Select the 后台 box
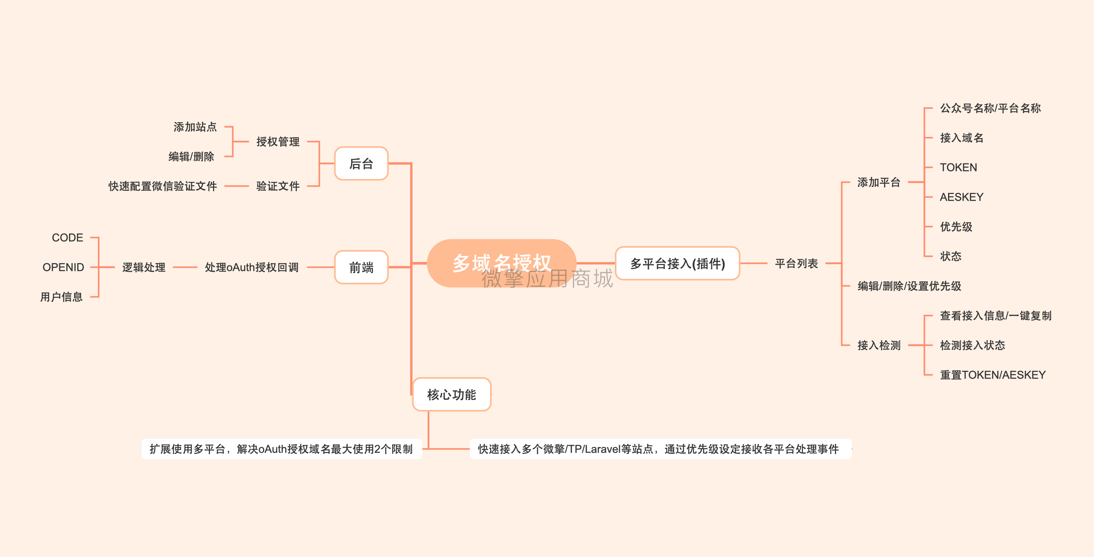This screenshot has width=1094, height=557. pos(361,164)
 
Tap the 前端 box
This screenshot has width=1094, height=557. pos(361,267)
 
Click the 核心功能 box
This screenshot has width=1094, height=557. pos(451,394)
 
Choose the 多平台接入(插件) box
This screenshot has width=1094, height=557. pos(677,263)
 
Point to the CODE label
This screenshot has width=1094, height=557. pos(67,237)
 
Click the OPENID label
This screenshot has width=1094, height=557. pos(63,267)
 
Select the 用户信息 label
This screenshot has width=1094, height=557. pos(62,297)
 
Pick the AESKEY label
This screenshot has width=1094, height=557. pos(961,197)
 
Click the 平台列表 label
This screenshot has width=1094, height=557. pos(796,263)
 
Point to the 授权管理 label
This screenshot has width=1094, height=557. pos(278,141)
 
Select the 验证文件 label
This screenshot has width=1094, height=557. pos(278,186)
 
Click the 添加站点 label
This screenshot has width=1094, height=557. pos(195,126)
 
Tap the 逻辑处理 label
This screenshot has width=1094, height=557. pos(144,267)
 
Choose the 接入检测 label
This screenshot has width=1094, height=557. pos(879,345)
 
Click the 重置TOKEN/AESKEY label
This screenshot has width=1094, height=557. pos(993,375)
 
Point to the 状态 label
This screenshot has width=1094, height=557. pos(950,256)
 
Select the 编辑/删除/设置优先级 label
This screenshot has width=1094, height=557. pos(909,286)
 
